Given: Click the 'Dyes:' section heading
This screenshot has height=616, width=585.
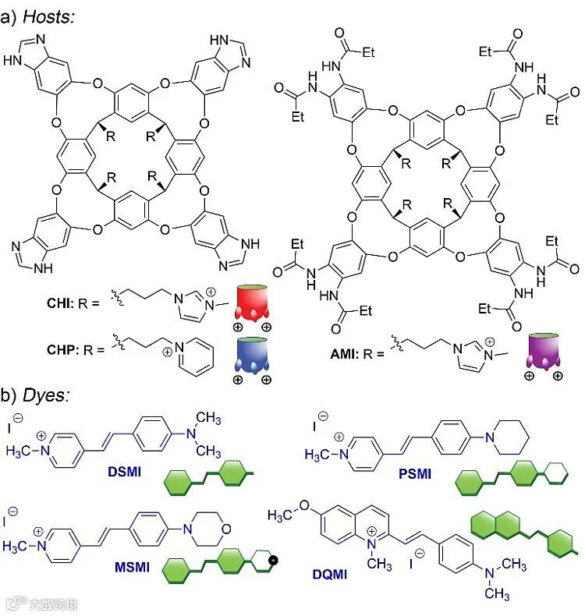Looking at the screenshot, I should pyautogui.click(x=45, y=395).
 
